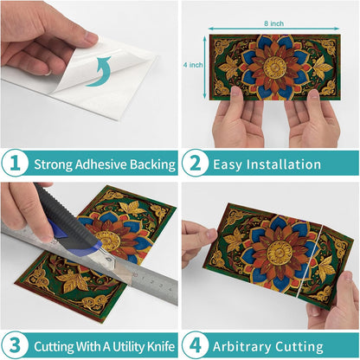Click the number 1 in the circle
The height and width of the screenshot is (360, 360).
16,164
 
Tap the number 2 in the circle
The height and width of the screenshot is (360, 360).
196,164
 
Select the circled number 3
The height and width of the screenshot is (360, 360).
16,345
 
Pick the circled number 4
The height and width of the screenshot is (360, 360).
196,345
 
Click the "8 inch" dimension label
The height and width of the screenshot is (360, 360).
273,23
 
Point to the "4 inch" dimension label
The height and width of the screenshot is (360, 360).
193,65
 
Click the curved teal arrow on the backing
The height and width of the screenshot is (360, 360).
99,71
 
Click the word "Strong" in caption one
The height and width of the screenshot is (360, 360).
54,164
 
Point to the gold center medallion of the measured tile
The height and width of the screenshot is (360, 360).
274,67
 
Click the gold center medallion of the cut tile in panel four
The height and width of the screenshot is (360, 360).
280,253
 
